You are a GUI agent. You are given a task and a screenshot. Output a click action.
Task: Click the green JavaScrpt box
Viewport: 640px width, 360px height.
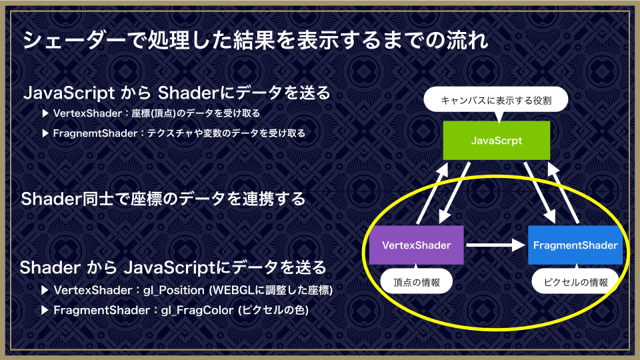point(496,141)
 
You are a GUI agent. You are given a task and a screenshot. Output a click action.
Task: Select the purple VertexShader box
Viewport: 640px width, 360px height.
point(416,245)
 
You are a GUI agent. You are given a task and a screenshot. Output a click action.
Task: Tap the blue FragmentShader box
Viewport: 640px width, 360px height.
point(575,245)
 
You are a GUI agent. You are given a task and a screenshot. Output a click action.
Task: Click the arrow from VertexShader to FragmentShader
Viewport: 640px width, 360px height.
point(495,245)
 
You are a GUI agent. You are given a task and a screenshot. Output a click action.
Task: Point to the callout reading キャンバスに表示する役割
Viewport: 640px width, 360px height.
point(496,100)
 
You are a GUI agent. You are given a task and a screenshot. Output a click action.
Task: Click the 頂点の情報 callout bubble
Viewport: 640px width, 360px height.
point(416,281)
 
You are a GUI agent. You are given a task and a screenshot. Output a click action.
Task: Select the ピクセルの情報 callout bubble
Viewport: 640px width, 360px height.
point(575,281)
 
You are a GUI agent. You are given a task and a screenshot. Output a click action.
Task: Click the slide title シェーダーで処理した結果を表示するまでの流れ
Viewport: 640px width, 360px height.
point(255,40)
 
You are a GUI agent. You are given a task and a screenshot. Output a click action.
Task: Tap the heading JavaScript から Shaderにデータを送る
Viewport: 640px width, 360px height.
point(177,93)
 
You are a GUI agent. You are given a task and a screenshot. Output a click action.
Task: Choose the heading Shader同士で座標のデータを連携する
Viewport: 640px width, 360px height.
point(163,199)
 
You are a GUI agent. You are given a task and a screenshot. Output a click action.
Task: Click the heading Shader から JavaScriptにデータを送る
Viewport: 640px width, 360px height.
point(173,267)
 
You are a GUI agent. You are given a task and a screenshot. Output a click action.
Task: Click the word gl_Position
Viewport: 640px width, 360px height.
point(174,290)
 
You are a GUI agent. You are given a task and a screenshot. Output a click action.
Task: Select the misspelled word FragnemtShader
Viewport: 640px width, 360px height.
point(95,133)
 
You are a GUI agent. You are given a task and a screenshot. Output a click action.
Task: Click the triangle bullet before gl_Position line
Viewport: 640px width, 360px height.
point(45,290)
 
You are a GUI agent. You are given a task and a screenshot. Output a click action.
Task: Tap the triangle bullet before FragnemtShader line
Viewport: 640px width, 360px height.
point(45,133)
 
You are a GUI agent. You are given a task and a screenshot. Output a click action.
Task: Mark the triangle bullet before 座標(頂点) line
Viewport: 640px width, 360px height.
point(45,113)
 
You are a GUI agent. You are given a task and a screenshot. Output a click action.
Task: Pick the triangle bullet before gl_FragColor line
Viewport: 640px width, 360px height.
point(45,310)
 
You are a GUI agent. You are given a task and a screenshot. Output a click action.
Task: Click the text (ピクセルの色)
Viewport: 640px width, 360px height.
point(273,310)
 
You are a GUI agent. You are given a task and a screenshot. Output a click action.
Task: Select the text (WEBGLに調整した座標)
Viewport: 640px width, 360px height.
point(271,290)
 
